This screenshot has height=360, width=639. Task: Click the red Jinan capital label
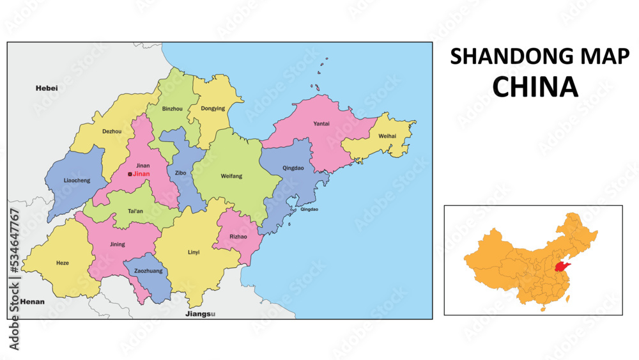pos(141,174)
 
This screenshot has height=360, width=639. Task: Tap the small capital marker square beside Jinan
pos(130,174)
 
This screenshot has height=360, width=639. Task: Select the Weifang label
pos(231,176)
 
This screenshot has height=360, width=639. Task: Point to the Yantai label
pos(321,123)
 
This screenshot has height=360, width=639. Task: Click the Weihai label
pos(387,136)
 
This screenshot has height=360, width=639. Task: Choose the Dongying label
pos(213,109)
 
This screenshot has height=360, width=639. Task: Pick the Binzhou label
pos(173,109)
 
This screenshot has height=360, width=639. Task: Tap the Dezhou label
pos(112,132)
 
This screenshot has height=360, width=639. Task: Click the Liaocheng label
pos(77,180)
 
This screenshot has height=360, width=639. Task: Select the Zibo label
pos(180,173)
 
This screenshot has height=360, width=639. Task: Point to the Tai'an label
pos(135,211)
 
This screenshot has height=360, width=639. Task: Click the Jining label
pos(118,244)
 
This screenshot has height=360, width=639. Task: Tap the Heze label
pos(63,263)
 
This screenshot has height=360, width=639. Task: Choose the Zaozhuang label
pos(148,271)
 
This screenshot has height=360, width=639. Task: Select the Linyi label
pos(194,252)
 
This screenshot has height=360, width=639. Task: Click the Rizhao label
pos(238,237)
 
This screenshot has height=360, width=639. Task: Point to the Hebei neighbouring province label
pos(47,88)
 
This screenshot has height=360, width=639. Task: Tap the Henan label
pos(33,301)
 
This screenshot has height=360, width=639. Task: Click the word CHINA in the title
pos(535,87)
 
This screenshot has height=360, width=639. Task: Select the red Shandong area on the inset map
pos(562,266)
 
